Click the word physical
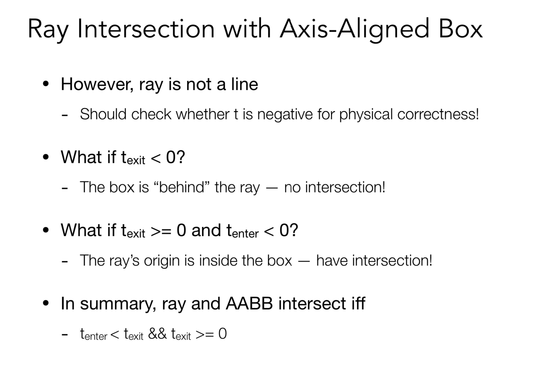pyautogui.click(x=366, y=115)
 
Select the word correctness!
pyautogui.click(x=438, y=115)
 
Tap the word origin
pyautogui.click(x=162, y=261)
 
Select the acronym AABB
pyautogui.click(x=249, y=304)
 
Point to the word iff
pyautogui.click(x=358, y=304)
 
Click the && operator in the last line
pyautogui.click(x=157, y=334)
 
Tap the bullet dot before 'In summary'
pyautogui.click(x=46, y=303)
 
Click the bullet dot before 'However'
pyautogui.click(x=46, y=84)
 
